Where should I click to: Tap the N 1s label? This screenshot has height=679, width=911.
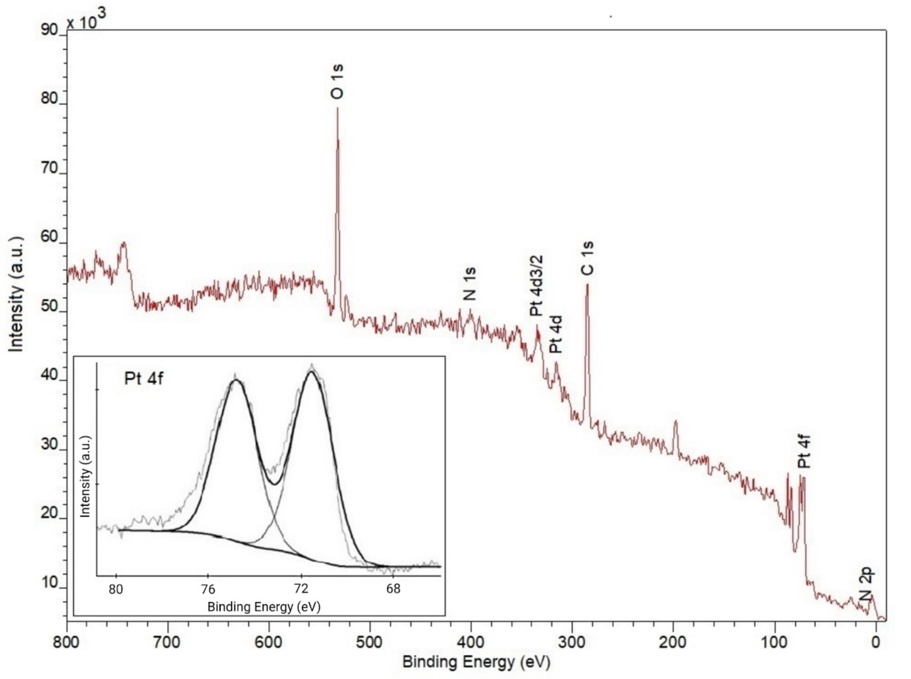click(x=470, y=284)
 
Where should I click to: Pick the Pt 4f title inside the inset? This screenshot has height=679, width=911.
click(x=143, y=379)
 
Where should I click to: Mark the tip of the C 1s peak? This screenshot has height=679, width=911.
click(x=587, y=285)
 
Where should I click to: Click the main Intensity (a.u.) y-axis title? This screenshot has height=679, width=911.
click(x=16, y=294)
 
